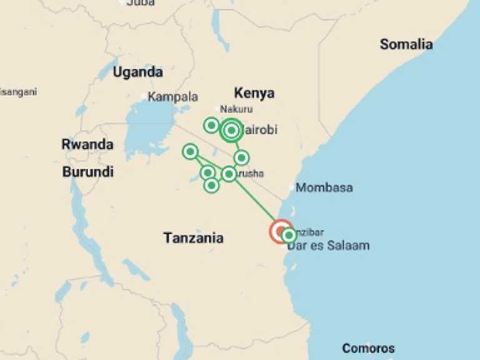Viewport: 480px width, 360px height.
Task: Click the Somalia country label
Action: click(x=406, y=44)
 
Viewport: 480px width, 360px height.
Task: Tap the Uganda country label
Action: click(x=137, y=72)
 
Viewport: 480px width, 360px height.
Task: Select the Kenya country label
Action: click(x=254, y=93)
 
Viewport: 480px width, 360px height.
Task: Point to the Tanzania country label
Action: click(x=193, y=238)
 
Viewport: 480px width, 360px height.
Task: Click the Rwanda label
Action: click(x=87, y=144)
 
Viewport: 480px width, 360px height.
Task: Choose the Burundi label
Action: click(x=87, y=171)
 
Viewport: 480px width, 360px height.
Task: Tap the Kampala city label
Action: click(x=173, y=97)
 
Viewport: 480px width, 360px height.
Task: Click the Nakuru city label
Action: click(x=236, y=109)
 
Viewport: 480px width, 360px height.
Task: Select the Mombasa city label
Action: click(x=324, y=187)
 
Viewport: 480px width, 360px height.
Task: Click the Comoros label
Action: click(x=368, y=348)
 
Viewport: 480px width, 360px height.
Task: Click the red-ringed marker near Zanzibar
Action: click(x=281, y=231)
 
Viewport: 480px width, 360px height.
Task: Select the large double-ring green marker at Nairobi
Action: click(x=231, y=131)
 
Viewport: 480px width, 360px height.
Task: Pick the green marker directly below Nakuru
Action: click(x=211, y=126)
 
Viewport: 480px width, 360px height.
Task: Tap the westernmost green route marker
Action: click(x=190, y=151)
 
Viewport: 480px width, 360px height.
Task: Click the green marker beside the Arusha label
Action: click(x=229, y=174)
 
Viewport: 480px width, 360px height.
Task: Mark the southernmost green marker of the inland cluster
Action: click(x=211, y=185)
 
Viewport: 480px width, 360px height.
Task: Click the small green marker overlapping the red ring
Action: click(x=289, y=236)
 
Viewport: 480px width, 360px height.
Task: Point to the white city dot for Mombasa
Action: click(x=291, y=187)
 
